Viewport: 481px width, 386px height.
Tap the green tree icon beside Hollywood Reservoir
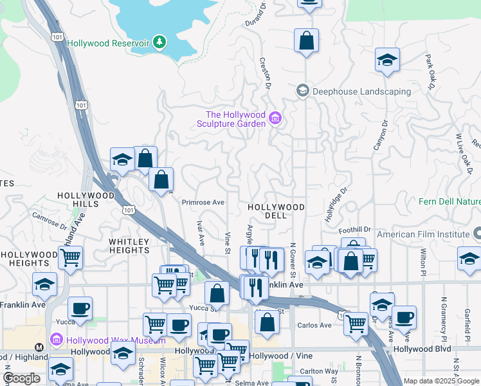pos(159,42)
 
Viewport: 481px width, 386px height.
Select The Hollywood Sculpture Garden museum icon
pos(276,118)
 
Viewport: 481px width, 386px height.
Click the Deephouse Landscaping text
pos(361,91)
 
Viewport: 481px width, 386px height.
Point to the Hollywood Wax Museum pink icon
pos(56,339)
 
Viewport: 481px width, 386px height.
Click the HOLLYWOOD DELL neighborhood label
pos(276,207)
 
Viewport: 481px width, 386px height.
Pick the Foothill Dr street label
pos(357,229)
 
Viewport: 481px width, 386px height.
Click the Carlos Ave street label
pos(314,326)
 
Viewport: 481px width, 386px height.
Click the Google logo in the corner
pos(21,378)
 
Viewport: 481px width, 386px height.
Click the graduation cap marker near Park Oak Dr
pos(387,60)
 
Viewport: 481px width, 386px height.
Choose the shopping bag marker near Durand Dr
pos(306,40)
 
